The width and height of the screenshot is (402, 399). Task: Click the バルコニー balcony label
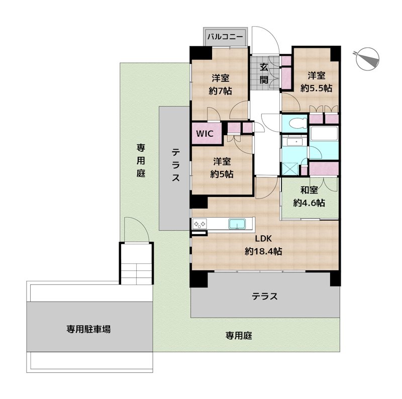pyautogui.click(x=226, y=36)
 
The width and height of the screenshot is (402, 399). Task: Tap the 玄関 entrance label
pyautogui.click(x=264, y=72)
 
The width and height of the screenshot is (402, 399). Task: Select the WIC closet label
pyautogui.click(x=205, y=134)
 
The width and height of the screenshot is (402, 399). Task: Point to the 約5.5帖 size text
pyautogui.click(x=316, y=88)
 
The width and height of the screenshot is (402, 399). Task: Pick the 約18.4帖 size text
pyautogui.click(x=263, y=251)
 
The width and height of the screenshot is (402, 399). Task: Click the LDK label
pyautogui.click(x=262, y=239)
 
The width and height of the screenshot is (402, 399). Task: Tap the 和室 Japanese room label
pyautogui.click(x=309, y=190)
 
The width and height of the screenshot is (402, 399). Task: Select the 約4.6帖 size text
pyautogui.click(x=309, y=203)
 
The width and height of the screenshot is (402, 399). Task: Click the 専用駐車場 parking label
pyautogui.click(x=88, y=329)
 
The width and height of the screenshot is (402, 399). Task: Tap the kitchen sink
pyautogui.click(x=236, y=224)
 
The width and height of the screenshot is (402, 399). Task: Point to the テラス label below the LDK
pyautogui.click(x=265, y=296)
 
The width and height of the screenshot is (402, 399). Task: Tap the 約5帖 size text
pyautogui.click(x=221, y=174)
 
